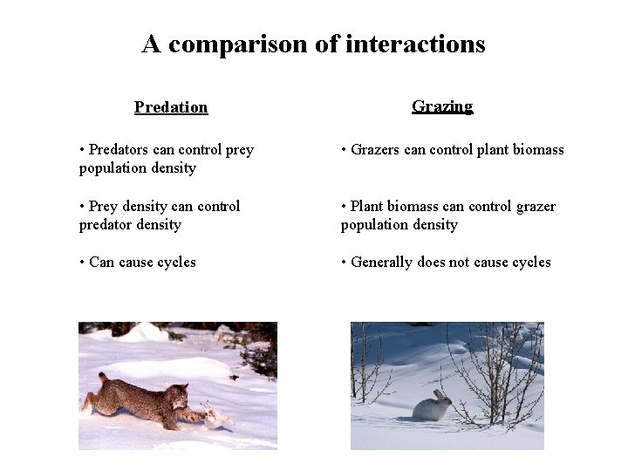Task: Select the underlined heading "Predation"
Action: point(171,107)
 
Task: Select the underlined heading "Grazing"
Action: point(442,106)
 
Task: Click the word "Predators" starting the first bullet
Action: point(119,150)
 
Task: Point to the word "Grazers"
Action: point(375,150)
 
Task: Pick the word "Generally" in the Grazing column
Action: point(381,262)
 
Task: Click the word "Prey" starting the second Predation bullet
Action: point(103,206)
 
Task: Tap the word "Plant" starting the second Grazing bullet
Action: point(368,206)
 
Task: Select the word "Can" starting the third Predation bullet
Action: point(102,262)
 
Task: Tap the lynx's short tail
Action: point(102,378)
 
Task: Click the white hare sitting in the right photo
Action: point(431,406)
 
